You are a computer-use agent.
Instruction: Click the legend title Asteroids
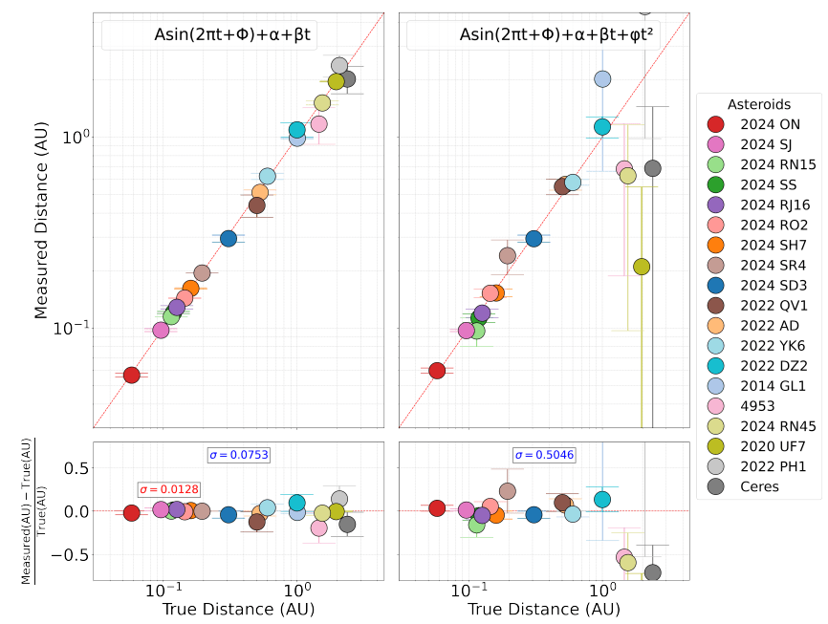click(x=758, y=103)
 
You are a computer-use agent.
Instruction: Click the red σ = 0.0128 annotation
click(x=168, y=489)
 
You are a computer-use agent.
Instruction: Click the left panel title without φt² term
click(x=237, y=35)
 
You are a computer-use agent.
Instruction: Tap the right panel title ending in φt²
click(x=542, y=35)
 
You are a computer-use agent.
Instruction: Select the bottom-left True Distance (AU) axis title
click(x=238, y=609)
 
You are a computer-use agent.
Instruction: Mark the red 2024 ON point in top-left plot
click(x=132, y=375)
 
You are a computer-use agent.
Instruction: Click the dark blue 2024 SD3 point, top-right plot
click(x=534, y=238)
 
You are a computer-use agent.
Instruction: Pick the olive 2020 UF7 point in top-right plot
click(x=642, y=267)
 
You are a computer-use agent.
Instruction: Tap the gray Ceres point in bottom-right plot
click(x=652, y=572)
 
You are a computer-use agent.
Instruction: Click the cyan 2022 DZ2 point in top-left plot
click(x=297, y=129)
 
